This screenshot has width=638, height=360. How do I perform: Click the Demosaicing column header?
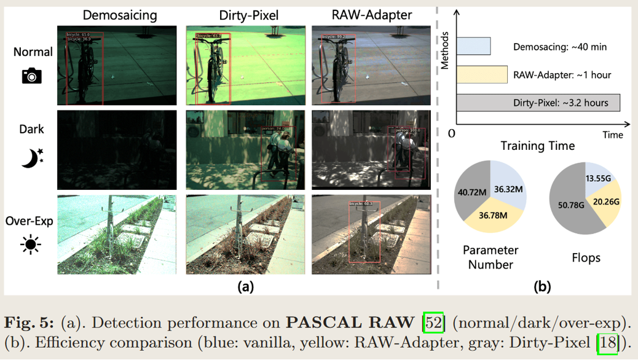pyautogui.click(x=119, y=15)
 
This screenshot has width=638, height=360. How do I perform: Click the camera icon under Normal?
pyautogui.click(x=32, y=76)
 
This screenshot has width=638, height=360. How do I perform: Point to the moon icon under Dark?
pyautogui.click(x=32, y=158)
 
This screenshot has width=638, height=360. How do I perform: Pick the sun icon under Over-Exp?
pyautogui.click(x=30, y=245)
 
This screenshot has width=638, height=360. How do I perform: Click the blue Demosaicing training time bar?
pyautogui.click(x=473, y=46)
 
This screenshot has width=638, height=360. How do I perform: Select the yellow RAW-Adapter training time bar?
pyautogui.click(x=482, y=74)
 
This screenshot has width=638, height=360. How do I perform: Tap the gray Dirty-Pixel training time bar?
pyautogui.click(x=538, y=103)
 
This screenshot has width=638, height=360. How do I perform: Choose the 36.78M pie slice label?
pyautogui.click(x=494, y=216)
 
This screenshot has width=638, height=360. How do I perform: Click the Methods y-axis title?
pyautogui.click(x=446, y=50)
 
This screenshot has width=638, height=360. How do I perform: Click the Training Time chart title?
pyautogui.click(x=538, y=146)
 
